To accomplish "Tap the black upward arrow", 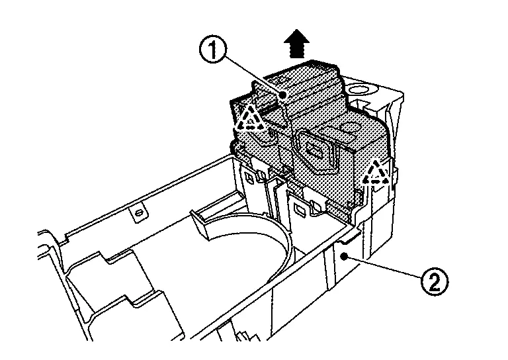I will pos(296,47).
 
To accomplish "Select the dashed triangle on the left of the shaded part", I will pos(251,120).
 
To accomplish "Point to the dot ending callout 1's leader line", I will pos(283,96).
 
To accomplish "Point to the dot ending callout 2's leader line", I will pos(345,254).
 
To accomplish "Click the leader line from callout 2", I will pos(384,268).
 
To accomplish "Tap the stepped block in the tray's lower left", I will pos(112,285).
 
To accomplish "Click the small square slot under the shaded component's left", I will pos(251,178).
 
